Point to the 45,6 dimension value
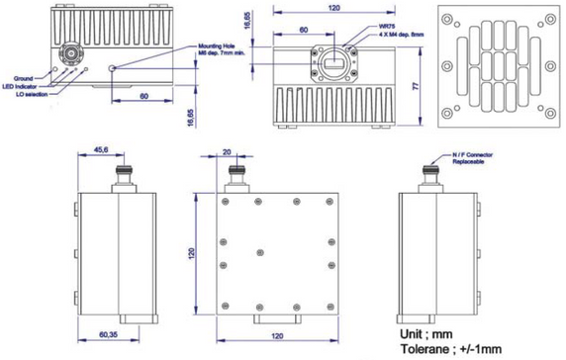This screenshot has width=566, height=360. (103, 151)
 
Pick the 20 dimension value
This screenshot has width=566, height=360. (228, 152)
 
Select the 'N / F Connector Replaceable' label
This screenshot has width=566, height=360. (472, 158)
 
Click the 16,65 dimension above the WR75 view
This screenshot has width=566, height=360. (247, 20)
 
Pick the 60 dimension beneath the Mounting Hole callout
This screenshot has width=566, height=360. (144, 97)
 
